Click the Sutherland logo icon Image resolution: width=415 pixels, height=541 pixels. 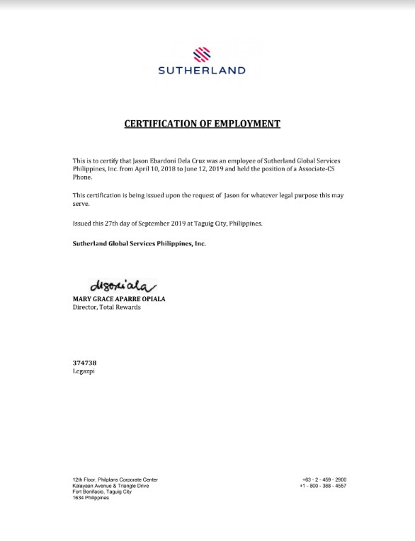(x=203, y=54)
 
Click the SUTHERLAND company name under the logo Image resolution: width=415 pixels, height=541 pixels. (x=203, y=71)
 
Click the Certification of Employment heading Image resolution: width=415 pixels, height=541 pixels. (x=203, y=124)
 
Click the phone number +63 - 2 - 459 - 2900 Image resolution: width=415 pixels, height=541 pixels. (x=324, y=480)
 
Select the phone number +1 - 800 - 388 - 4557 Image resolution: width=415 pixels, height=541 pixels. (x=323, y=486)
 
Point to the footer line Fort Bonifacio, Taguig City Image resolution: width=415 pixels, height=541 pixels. (x=101, y=491)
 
